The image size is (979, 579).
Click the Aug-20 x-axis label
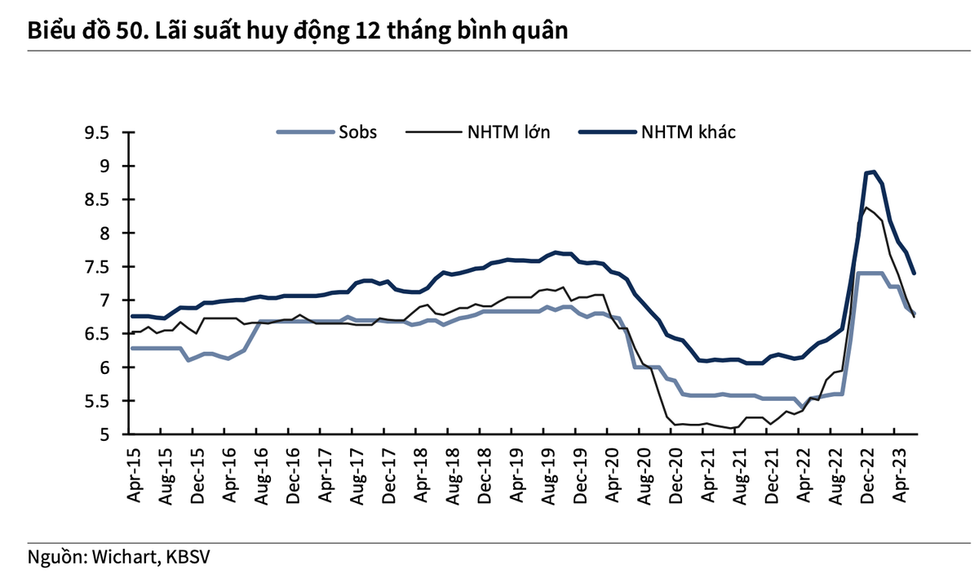pyautogui.click(x=642, y=471)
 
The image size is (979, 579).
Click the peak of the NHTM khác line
pyautogui.click(x=873, y=171)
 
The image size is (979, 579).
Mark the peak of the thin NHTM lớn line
pyautogui.click(x=866, y=207)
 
